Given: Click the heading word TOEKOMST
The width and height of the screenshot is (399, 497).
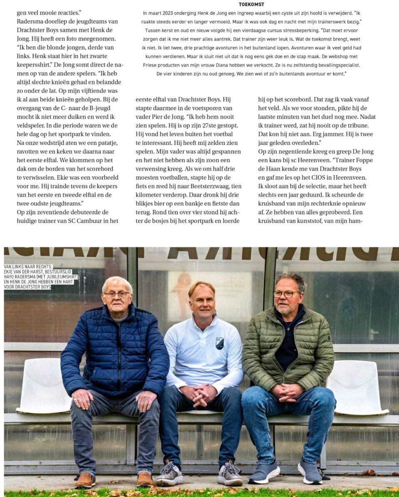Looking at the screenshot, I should click(x=251, y=5).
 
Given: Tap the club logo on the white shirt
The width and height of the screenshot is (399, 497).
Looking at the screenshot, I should click(x=220, y=343).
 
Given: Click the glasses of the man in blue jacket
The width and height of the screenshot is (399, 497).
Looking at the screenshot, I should click(x=117, y=295).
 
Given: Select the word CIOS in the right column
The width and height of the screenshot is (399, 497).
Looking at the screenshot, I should click(x=305, y=178).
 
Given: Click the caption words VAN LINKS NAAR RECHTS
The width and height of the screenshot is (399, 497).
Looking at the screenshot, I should click(x=26, y=267).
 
